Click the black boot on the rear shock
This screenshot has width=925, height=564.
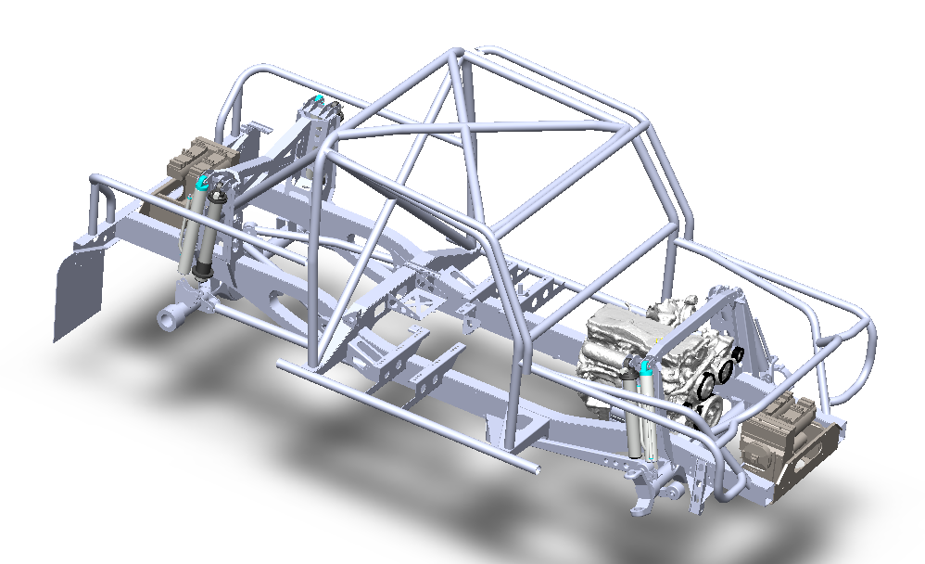click(x=200, y=269)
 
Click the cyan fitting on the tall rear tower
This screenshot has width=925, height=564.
click(x=320, y=97)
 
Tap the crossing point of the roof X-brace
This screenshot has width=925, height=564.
click(x=464, y=121)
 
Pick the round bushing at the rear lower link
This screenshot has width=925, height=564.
click(x=168, y=320)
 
